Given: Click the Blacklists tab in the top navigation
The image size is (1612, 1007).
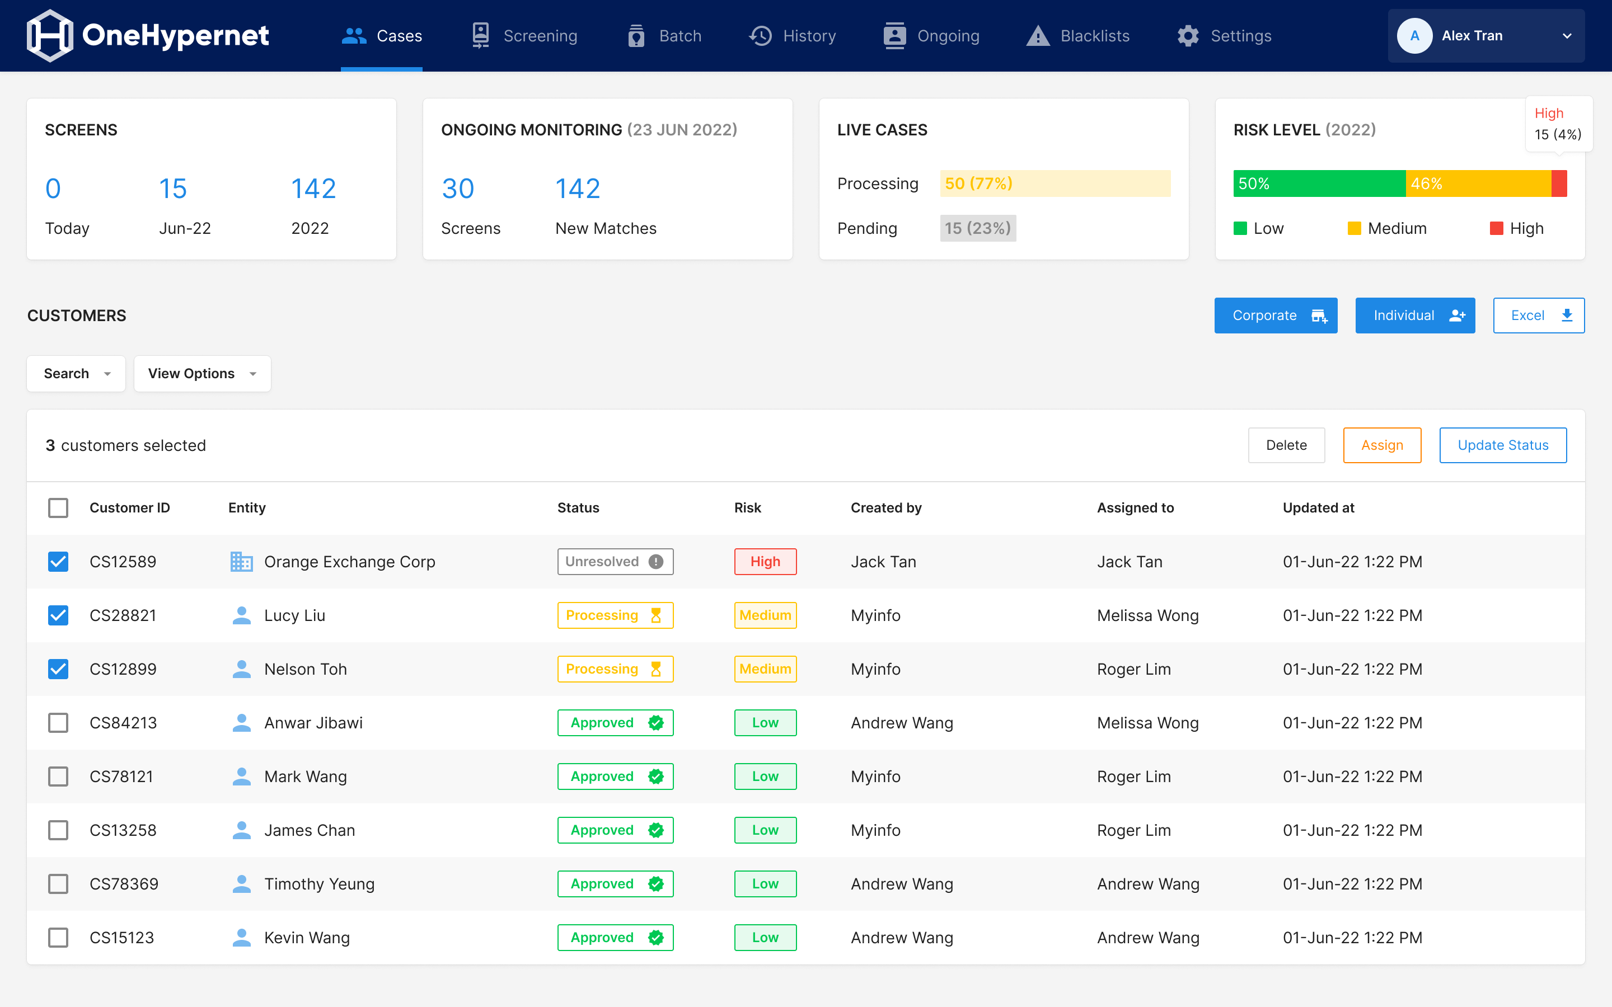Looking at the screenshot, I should point(1078,36).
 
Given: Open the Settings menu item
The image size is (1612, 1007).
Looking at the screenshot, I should point(1224,36).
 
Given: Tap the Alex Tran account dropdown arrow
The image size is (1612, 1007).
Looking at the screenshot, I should point(1567,36).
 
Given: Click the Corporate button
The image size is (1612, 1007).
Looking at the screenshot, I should point(1275,316).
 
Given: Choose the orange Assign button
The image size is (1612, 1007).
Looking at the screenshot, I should point(1381,445).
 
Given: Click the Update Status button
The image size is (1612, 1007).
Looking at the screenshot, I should point(1502,445).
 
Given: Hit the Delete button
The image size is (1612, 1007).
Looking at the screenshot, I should point(1286,445).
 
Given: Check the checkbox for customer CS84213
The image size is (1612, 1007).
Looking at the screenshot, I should point(59,723).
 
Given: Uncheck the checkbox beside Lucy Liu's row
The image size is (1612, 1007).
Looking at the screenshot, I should point(59,615).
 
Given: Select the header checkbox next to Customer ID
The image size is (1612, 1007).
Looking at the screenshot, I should point(59,507).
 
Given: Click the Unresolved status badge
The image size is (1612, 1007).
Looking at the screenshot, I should point(614,562).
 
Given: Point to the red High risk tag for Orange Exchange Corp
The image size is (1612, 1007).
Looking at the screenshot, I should point(765,562).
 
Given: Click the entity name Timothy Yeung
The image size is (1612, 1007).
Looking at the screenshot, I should point(319,884).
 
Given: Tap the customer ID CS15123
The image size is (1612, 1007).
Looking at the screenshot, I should point(122,938).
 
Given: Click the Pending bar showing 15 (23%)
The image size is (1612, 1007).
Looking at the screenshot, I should point(977,228).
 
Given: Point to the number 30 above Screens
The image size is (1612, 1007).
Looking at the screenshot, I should point(458,189).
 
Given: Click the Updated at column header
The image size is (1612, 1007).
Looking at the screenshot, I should point(1318,507).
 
